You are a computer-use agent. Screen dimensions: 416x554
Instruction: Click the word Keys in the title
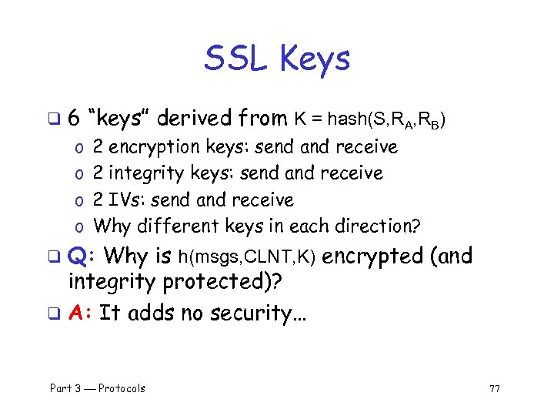(315, 59)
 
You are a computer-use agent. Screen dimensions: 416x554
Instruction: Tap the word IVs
(130, 200)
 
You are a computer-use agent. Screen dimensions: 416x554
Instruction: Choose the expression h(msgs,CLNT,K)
(247, 257)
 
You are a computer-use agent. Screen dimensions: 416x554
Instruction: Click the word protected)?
(221, 283)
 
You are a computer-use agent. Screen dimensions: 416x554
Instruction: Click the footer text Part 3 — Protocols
(98, 387)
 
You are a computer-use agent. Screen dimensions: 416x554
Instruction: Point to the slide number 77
(495, 388)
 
